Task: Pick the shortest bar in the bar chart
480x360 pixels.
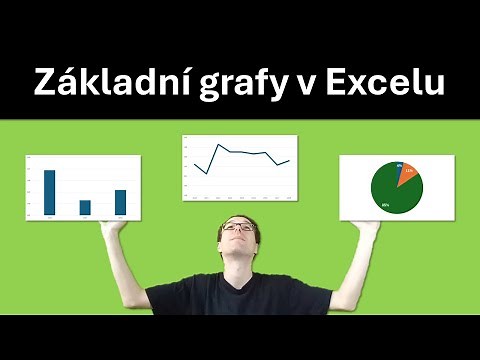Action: click(85, 207)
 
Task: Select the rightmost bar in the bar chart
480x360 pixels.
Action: click(120, 202)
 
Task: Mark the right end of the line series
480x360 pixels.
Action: click(289, 160)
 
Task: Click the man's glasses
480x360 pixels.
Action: click(237, 228)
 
